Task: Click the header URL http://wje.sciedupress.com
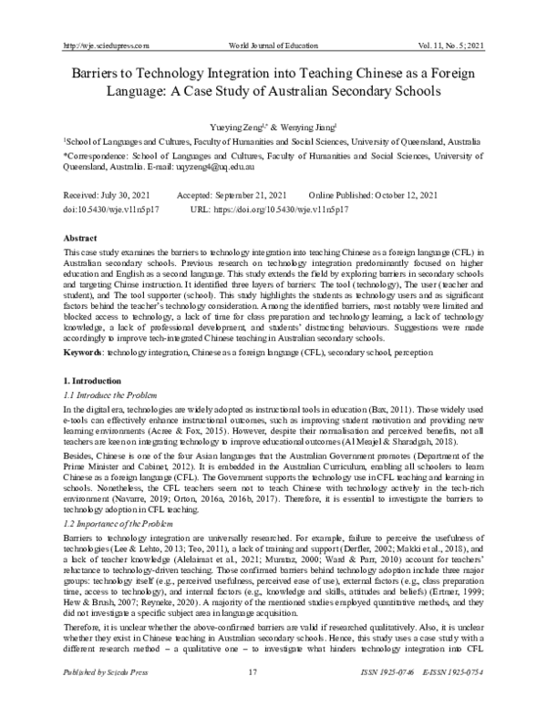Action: pyautogui.click(x=103, y=45)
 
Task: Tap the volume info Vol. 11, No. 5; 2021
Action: pyautogui.click(x=452, y=45)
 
